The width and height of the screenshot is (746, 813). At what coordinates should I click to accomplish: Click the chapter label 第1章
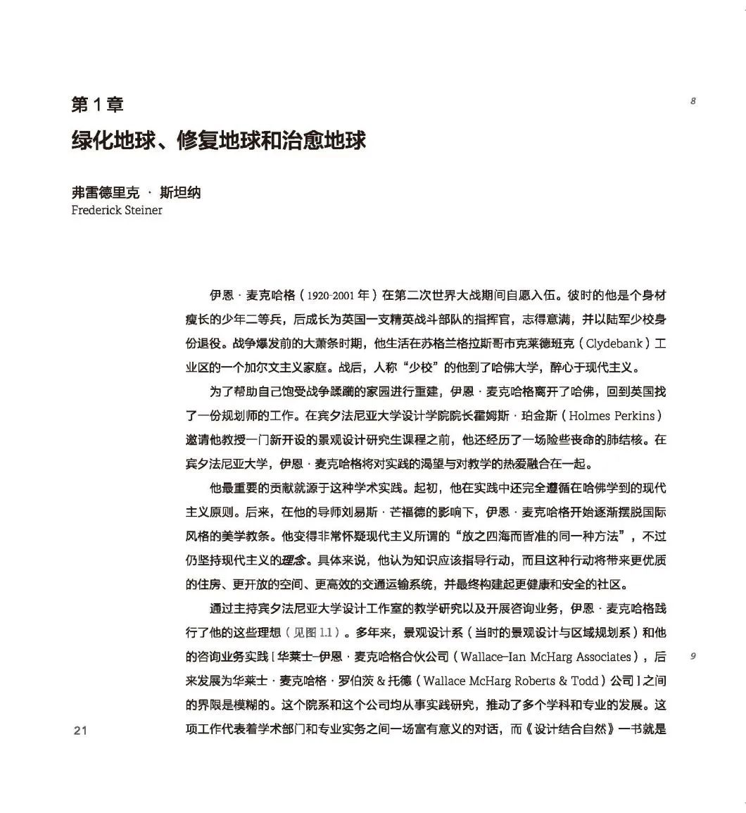(97, 106)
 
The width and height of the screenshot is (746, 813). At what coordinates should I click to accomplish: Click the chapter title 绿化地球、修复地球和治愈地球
(219, 139)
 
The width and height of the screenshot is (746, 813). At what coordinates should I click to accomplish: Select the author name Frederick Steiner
(117, 210)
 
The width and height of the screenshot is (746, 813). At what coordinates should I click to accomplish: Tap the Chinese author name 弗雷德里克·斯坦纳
(136, 193)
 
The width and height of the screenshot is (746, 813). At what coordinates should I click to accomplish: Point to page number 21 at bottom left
(80, 730)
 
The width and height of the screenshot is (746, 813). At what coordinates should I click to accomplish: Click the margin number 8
(693, 101)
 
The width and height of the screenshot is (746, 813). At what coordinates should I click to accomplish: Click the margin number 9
(693, 657)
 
